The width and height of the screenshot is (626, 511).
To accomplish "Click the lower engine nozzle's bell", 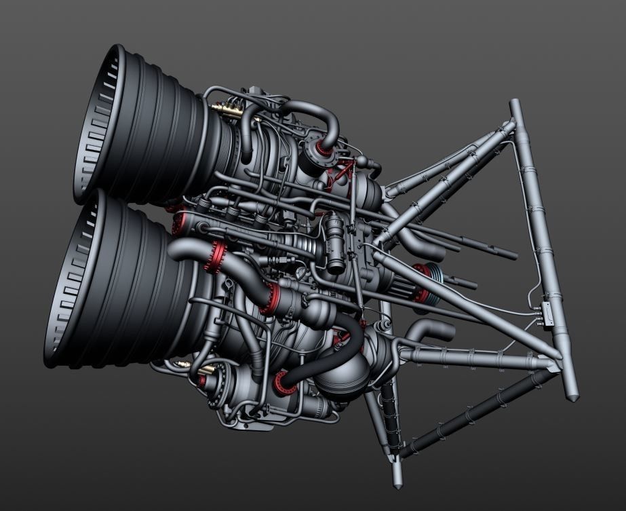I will click(x=136, y=285).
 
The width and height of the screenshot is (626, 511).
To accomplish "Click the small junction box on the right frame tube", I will click(x=546, y=312).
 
